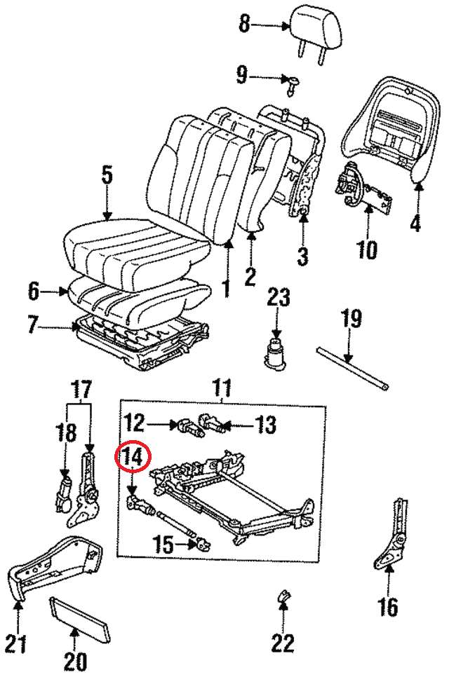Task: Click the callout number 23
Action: click(277, 299)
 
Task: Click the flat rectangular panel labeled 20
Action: click(80, 617)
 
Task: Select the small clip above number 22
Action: click(284, 596)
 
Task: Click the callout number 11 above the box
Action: click(222, 386)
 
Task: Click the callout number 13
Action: click(264, 424)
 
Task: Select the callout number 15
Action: click(163, 544)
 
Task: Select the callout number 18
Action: click(66, 432)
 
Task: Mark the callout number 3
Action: click(302, 257)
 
